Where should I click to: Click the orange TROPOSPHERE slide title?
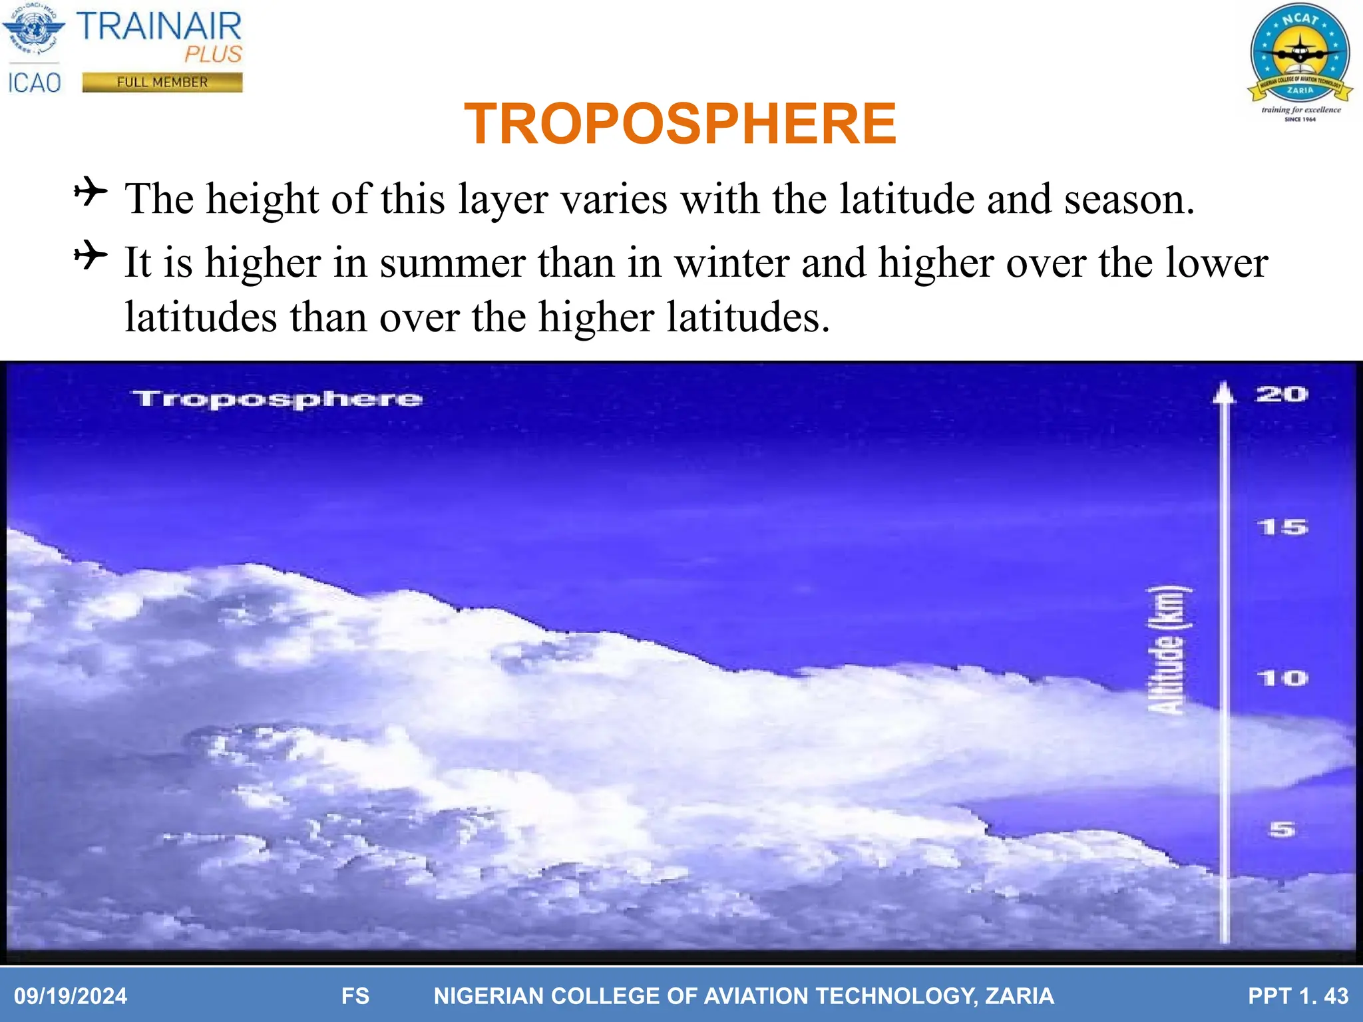coord(680,124)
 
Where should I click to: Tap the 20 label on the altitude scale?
coord(1281,395)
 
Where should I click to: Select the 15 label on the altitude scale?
coord(1282,528)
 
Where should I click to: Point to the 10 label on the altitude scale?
coord(1282,679)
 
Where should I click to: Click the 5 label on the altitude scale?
coord(1282,830)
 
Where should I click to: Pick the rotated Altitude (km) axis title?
coord(1168,651)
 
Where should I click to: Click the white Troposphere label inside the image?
coord(277,399)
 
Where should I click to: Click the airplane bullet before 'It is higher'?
coord(91,256)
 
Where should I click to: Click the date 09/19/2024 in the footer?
coord(71,996)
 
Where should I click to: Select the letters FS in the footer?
coord(355,996)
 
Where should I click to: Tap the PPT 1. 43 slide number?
coord(1298,996)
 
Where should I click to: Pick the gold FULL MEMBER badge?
coord(162,83)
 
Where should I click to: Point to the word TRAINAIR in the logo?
coord(159,27)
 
